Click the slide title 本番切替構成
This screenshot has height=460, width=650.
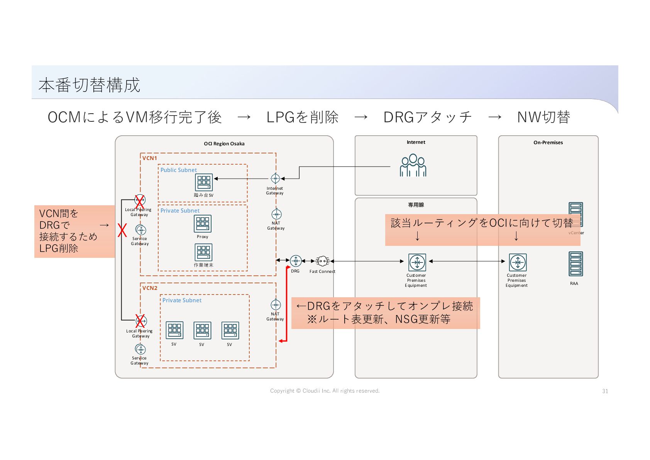click(x=90, y=85)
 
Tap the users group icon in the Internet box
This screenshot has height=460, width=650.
click(x=413, y=165)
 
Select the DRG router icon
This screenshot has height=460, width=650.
click(x=296, y=261)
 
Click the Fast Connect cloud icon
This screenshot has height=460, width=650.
click(x=322, y=261)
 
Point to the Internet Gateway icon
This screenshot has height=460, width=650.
click(x=275, y=179)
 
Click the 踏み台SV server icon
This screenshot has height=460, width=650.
click(x=204, y=182)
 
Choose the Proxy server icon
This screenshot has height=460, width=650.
click(x=203, y=223)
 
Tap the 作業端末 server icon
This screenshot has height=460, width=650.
click(x=203, y=252)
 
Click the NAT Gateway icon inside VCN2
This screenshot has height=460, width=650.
click(x=275, y=305)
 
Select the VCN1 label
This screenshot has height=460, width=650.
click(x=149, y=158)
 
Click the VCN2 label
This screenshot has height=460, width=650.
click(x=150, y=288)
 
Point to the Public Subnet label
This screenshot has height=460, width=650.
click(x=178, y=170)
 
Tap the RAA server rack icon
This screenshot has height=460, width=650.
click(x=576, y=264)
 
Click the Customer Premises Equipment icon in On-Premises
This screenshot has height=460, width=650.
click(x=518, y=262)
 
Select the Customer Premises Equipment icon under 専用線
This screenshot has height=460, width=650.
click(x=417, y=262)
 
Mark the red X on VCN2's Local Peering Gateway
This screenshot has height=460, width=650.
click(x=140, y=321)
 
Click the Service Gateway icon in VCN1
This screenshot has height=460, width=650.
click(x=141, y=230)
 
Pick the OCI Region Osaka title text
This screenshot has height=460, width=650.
click(x=224, y=143)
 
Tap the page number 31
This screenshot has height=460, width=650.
click(x=605, y=391)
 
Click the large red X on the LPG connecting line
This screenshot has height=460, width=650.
click(x=122, y=230)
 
